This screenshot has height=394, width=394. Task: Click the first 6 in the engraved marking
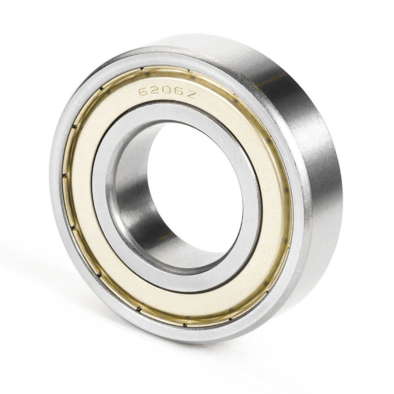click(x=144, y=92)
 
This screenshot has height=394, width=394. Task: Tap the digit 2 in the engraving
click(x=155, y=91)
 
